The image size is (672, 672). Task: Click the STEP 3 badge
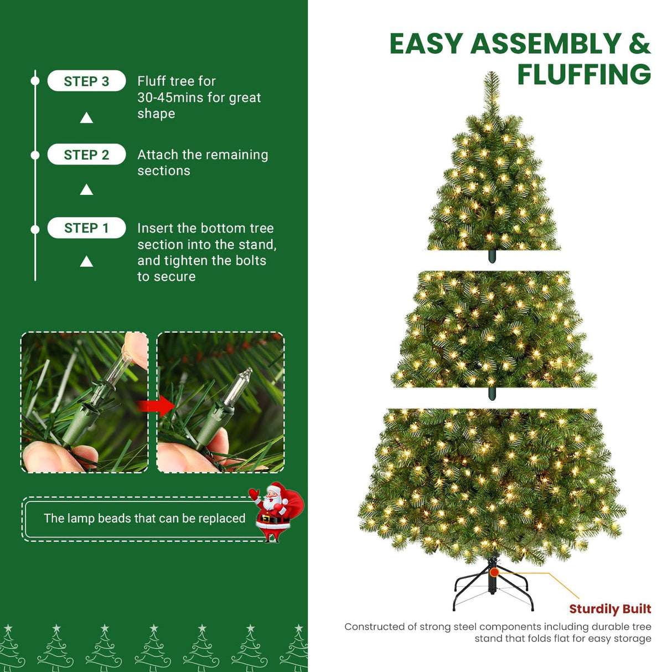tap(86, 81)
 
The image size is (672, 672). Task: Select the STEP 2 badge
tap(86, 155)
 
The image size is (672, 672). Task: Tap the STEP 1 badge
tap(86, 228)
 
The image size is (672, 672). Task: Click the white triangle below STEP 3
tap(86, 118)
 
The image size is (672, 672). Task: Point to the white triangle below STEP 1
tap(86, 261)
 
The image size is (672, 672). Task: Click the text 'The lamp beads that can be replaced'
tap(144, 519)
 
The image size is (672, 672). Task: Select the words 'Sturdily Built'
tap(610, 609)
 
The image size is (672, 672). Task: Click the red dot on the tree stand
tap(494, 572)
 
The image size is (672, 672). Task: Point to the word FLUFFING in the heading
tap(584, 75)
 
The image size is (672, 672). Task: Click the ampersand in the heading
tap(639, 44)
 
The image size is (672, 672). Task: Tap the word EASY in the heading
tap(426, 44)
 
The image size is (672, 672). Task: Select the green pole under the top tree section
tap(492, 256)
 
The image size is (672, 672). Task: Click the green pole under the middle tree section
tap(492, 394)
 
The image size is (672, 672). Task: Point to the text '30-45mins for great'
tap(199, 98)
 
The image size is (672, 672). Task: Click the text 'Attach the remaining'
tap(203, 155)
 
